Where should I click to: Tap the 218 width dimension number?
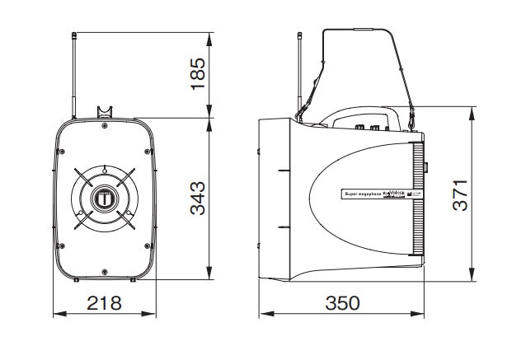click(105, 304)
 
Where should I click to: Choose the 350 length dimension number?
click(342, 304)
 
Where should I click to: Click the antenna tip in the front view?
click(73, 35)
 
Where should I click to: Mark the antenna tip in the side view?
click(299, 35)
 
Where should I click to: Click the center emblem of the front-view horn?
click(105, 199)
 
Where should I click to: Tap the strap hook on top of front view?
click(104, 111)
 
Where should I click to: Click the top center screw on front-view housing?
click(104, 127)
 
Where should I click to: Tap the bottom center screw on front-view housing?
click(104, 269)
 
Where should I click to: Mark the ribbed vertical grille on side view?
click(416, 202)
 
